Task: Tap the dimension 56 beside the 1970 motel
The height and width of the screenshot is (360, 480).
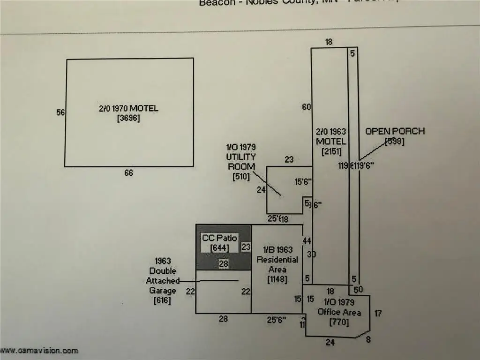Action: [60, 112]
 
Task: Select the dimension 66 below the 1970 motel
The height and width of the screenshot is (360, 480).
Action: [128, 173]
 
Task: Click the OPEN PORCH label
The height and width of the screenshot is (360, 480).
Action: [395, 131]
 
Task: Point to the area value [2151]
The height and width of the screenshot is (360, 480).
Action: [331, 151]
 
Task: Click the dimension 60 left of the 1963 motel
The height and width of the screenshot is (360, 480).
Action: [307, 107]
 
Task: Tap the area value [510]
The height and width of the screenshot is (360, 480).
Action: [241, 177]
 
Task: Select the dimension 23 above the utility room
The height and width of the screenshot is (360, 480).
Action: [289, 160]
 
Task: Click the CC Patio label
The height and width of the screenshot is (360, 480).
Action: [219, 238]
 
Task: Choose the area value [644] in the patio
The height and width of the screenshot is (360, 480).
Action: [219, 247]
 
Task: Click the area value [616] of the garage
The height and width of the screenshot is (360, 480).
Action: [162, 300]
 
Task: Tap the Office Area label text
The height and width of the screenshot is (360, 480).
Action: [339, 312]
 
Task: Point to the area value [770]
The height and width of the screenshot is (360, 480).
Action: [339, 322]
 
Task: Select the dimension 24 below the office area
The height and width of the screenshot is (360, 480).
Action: [330, 343]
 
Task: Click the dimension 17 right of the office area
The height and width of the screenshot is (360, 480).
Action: [378, 313]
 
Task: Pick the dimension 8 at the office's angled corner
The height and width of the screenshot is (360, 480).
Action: [368, 340]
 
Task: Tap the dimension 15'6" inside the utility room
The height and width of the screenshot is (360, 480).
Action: [303, 182]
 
